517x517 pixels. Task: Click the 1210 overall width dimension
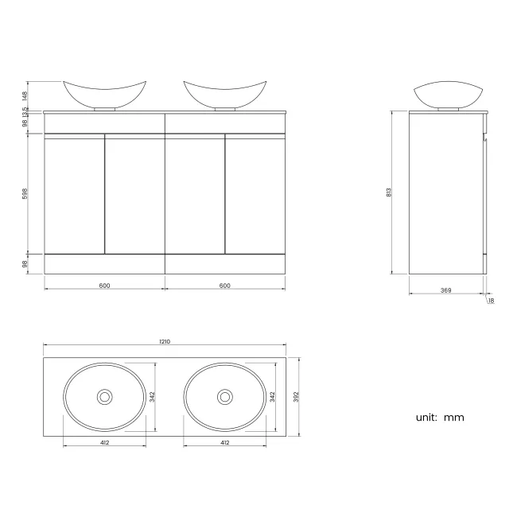(165, 341)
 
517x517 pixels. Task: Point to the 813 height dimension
(389, 192)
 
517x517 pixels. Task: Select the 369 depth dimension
(445, 290)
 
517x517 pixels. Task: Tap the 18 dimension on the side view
(491, 301)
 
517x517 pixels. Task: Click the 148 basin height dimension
(25, 94)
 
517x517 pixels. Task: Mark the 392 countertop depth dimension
(296, 395)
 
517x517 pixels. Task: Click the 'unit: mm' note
(439, 417)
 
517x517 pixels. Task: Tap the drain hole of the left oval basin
(104, 396)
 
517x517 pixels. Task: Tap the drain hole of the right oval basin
(224, 396)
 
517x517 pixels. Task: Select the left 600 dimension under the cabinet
(104, 286)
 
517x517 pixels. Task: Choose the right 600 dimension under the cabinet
(224, 286)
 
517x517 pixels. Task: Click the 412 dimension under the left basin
(104, 442)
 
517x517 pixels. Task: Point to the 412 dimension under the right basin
(224, 442)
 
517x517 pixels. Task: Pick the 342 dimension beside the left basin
(152, 395)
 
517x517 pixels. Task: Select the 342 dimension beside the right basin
(272, 395)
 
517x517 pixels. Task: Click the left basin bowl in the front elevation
(104, 93)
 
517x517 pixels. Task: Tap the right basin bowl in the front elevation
(224, 93)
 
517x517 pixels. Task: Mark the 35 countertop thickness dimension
(25, 110)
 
